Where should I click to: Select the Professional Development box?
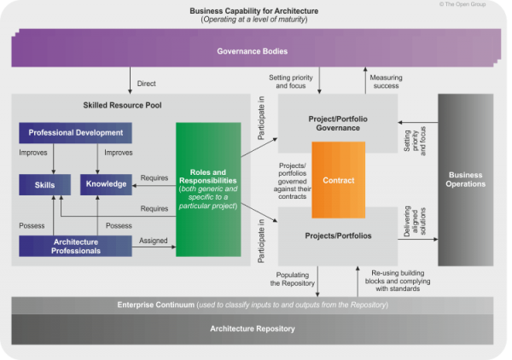click(75, 133)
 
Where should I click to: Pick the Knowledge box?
click(106, 183)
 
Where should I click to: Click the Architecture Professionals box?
click(75, 246)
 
